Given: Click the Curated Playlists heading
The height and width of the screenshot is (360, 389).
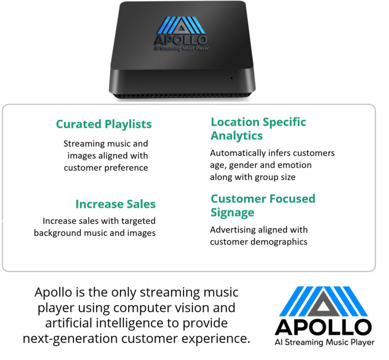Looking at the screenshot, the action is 104,124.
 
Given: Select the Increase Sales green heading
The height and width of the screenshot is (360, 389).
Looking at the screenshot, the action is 115,204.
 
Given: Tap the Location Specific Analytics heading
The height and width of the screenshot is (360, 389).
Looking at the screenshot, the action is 258,129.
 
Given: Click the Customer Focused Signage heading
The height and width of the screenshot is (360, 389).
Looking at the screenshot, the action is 263,205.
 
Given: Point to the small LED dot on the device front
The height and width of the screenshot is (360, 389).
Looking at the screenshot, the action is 231,78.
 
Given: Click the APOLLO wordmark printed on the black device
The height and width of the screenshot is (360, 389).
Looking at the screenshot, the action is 181,40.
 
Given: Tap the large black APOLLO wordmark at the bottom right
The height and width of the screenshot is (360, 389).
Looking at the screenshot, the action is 323,327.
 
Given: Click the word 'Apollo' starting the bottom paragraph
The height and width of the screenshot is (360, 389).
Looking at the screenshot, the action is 54,293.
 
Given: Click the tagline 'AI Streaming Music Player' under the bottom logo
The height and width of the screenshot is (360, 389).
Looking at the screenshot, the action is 325,342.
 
